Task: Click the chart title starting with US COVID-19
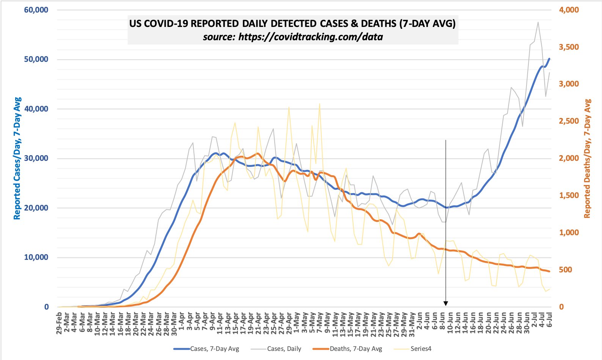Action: [292, 24]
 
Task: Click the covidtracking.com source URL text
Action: [292, 37]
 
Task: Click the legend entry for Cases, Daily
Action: [284, 349]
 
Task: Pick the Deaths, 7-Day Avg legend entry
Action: [355, 349]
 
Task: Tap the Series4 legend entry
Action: [421, 349]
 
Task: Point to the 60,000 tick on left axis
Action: [36, 10]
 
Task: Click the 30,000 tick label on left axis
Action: [36, 158]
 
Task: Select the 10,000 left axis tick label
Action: [36, 257]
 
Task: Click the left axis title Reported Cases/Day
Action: [17, 158]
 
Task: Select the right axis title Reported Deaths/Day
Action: [587, 158]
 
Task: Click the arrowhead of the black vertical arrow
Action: [446, 303]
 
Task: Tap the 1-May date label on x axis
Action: [297, 321]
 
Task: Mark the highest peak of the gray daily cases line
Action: [538, 22]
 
